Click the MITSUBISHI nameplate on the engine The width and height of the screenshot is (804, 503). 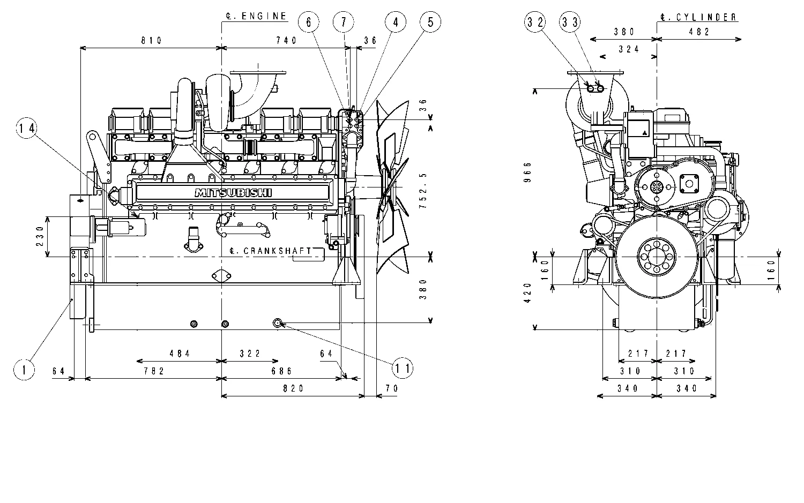233,193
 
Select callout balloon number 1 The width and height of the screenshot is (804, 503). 24,370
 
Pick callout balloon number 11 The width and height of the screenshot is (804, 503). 403,368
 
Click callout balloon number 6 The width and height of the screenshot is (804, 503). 309,22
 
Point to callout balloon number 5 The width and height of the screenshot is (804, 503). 430,22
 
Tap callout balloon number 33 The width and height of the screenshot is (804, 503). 570,22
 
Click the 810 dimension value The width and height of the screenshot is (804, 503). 151,41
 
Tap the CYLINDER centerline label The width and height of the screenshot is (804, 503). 699,17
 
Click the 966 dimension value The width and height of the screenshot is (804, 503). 528,172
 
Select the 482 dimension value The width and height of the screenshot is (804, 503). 699,32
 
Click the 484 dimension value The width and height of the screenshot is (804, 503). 180,354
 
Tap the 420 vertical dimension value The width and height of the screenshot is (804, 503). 528,293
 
